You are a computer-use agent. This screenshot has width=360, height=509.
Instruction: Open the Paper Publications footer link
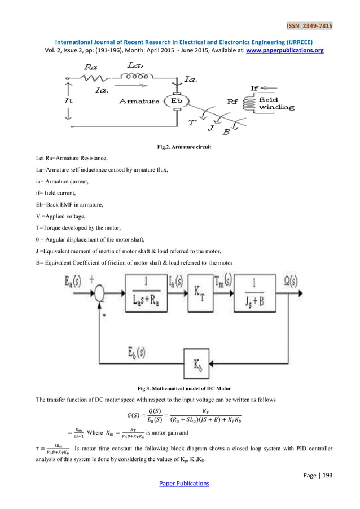pos(179,483)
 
